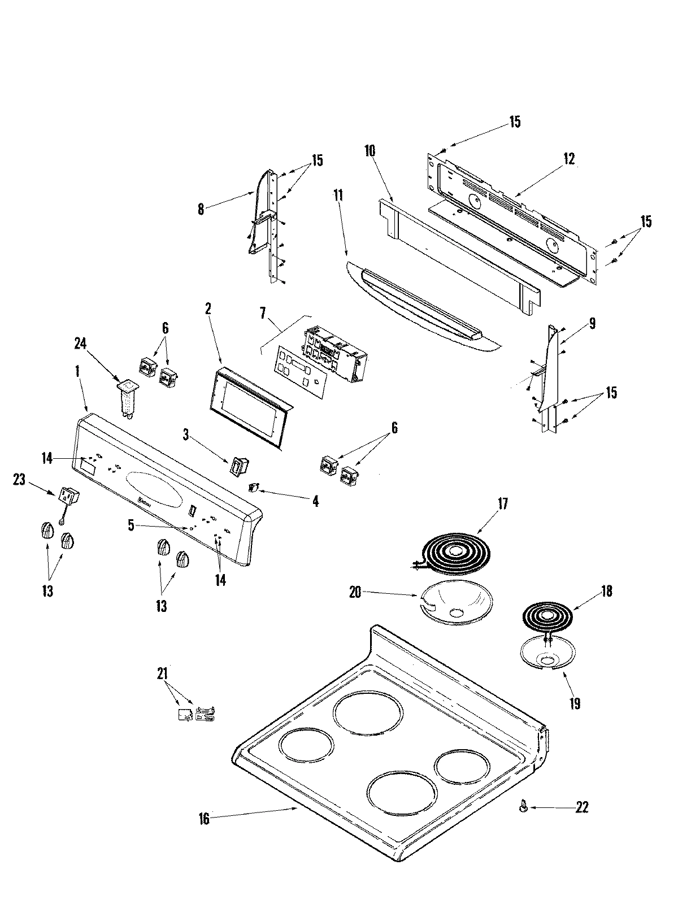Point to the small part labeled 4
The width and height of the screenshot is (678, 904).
point(254,486)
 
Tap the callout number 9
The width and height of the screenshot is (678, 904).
point(592,323)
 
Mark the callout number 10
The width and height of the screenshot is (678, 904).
point(370,151)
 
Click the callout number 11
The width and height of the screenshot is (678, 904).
point(338,196)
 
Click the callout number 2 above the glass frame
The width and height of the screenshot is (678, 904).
point(208,308)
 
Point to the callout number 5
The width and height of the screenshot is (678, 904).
point(131,525)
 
